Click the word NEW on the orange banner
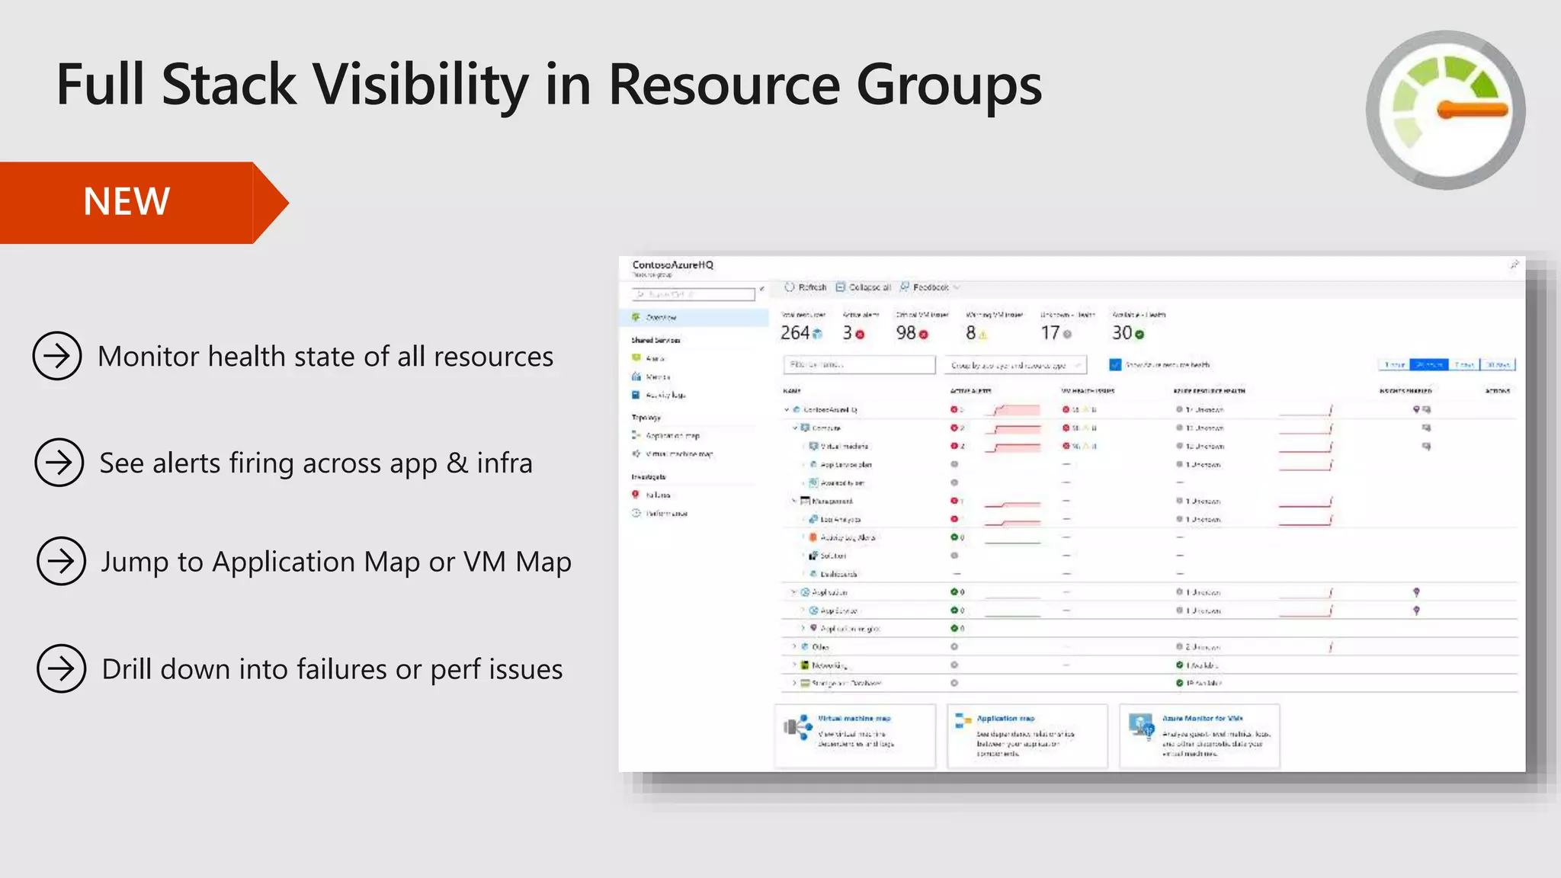(x=127, y=202)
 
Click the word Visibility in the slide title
(x=422, y=85)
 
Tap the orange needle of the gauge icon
(x=1472, y=111)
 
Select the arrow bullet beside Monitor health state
(x=57, y=356)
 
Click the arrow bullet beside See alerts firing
(x=59, y=463)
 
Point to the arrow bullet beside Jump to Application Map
(x=61, y=562)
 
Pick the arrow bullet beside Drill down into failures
(x=61, y=669)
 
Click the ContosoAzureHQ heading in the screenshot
(x=672, y=265)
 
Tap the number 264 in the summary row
(x=795, y=333)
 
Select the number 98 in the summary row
(x=906, y=333)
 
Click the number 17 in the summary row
(x=1050, y=333)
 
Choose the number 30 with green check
(x=1122, y=333)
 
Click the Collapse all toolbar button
(x=864, y=287)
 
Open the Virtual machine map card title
(x=854, y=719)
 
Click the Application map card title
(x=1005, y=719)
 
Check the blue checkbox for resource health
(x=1115, y=365)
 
